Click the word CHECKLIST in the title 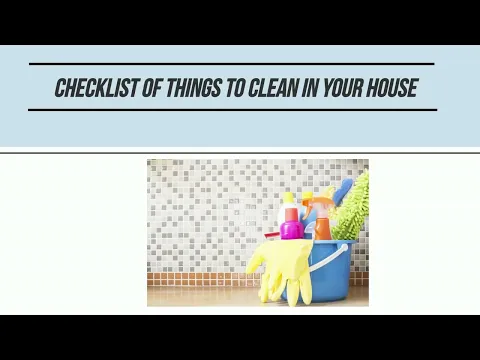pos(96,88)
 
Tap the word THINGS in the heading pos(193,88)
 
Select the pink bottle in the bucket pos(292,226)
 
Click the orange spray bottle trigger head pos(318,199)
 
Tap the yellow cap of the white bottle pos(288,197)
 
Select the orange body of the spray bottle pos(322,226)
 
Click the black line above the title pos(232,64)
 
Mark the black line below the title pos(232,109)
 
